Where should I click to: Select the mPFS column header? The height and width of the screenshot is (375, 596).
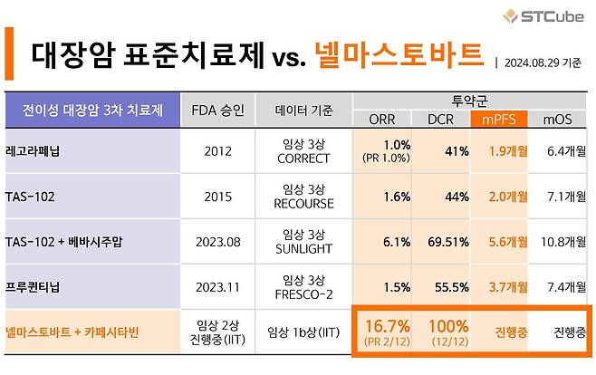499,119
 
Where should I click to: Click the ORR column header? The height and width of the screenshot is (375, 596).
382,119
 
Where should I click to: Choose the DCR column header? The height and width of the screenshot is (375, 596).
440,119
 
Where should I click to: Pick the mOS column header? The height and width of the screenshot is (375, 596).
558,119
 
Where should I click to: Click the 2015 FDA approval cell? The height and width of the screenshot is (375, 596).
217,196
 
